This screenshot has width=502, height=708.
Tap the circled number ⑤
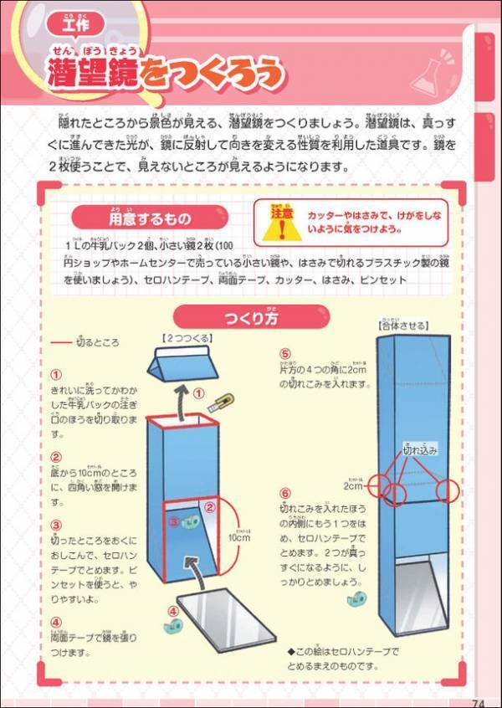click(x=284, y=355)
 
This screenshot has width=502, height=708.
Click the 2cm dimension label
click(x=352, y=485)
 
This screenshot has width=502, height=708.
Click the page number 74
click(x=478, y=702)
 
